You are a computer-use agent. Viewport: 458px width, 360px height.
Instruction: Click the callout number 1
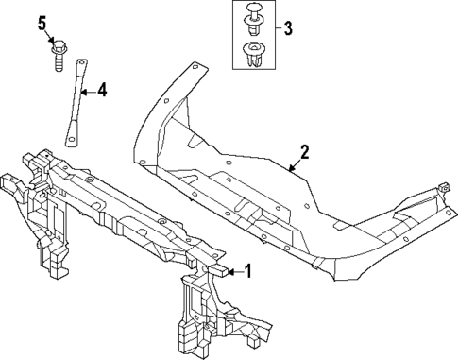248,272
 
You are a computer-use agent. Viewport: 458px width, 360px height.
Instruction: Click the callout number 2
305,151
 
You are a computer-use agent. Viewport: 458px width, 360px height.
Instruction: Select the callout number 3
288,27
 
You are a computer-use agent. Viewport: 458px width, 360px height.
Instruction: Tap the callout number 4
101,91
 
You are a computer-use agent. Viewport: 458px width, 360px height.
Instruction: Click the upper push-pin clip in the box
253,16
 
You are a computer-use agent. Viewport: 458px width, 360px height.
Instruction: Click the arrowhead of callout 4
81,93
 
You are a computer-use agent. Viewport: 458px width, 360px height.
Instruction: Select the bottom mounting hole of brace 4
69,142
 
